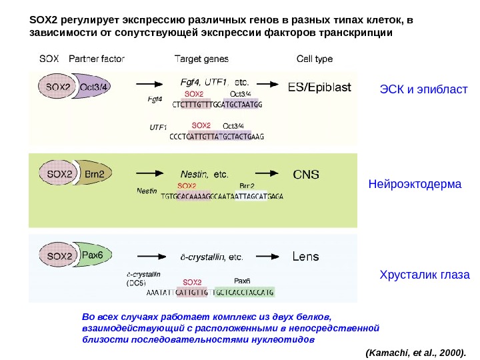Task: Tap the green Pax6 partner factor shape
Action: (x=93, y=254)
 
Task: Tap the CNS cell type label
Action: (x=307, y=175)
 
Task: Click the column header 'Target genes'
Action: (x=201, y=59)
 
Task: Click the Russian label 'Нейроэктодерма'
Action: (x=415, y=183)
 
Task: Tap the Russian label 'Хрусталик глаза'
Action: (x=425, y=274)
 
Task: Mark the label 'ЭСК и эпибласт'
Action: (x=424, y=89)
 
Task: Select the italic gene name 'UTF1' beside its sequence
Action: (x=158, y=127)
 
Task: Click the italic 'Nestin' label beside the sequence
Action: (x=147, y=191)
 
